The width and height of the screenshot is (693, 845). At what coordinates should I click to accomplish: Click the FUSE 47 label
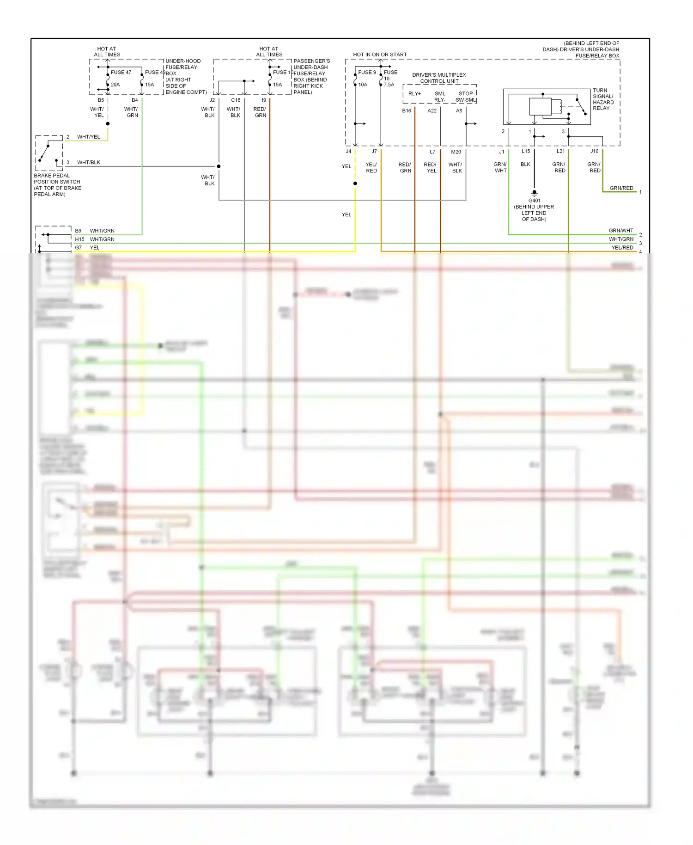click(121, 73)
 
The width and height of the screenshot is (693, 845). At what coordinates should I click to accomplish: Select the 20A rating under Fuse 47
click(115, 85)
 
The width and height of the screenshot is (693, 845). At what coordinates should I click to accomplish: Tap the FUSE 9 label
click(367, 73)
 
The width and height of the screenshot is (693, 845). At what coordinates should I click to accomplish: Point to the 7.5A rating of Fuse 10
click(389, 85)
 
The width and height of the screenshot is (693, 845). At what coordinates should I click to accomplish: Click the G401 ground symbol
click(534, 192)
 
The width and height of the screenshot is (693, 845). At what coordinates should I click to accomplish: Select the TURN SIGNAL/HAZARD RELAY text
click(603, 99)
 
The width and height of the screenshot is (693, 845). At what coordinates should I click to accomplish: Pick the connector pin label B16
click(407, 111)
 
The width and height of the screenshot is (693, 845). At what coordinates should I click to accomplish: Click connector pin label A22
click(432, 111)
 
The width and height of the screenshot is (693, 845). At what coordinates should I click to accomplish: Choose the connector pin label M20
click(456, 152)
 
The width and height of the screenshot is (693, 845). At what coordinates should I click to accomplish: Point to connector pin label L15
click(526, 151)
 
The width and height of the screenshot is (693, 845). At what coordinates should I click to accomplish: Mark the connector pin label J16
click(594, 151)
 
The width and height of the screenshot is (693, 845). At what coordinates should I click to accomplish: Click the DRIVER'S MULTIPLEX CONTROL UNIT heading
click(439, 78)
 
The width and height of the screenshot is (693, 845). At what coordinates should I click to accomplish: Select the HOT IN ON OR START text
click(380, 55)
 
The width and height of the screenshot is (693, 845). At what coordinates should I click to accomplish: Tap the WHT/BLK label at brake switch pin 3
click(89, 163)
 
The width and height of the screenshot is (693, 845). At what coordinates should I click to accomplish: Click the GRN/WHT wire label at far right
click(621, 231)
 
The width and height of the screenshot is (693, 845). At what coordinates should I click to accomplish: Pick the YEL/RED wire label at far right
click(622, 248)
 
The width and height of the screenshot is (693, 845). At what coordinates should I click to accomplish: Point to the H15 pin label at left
click(79, 239)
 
